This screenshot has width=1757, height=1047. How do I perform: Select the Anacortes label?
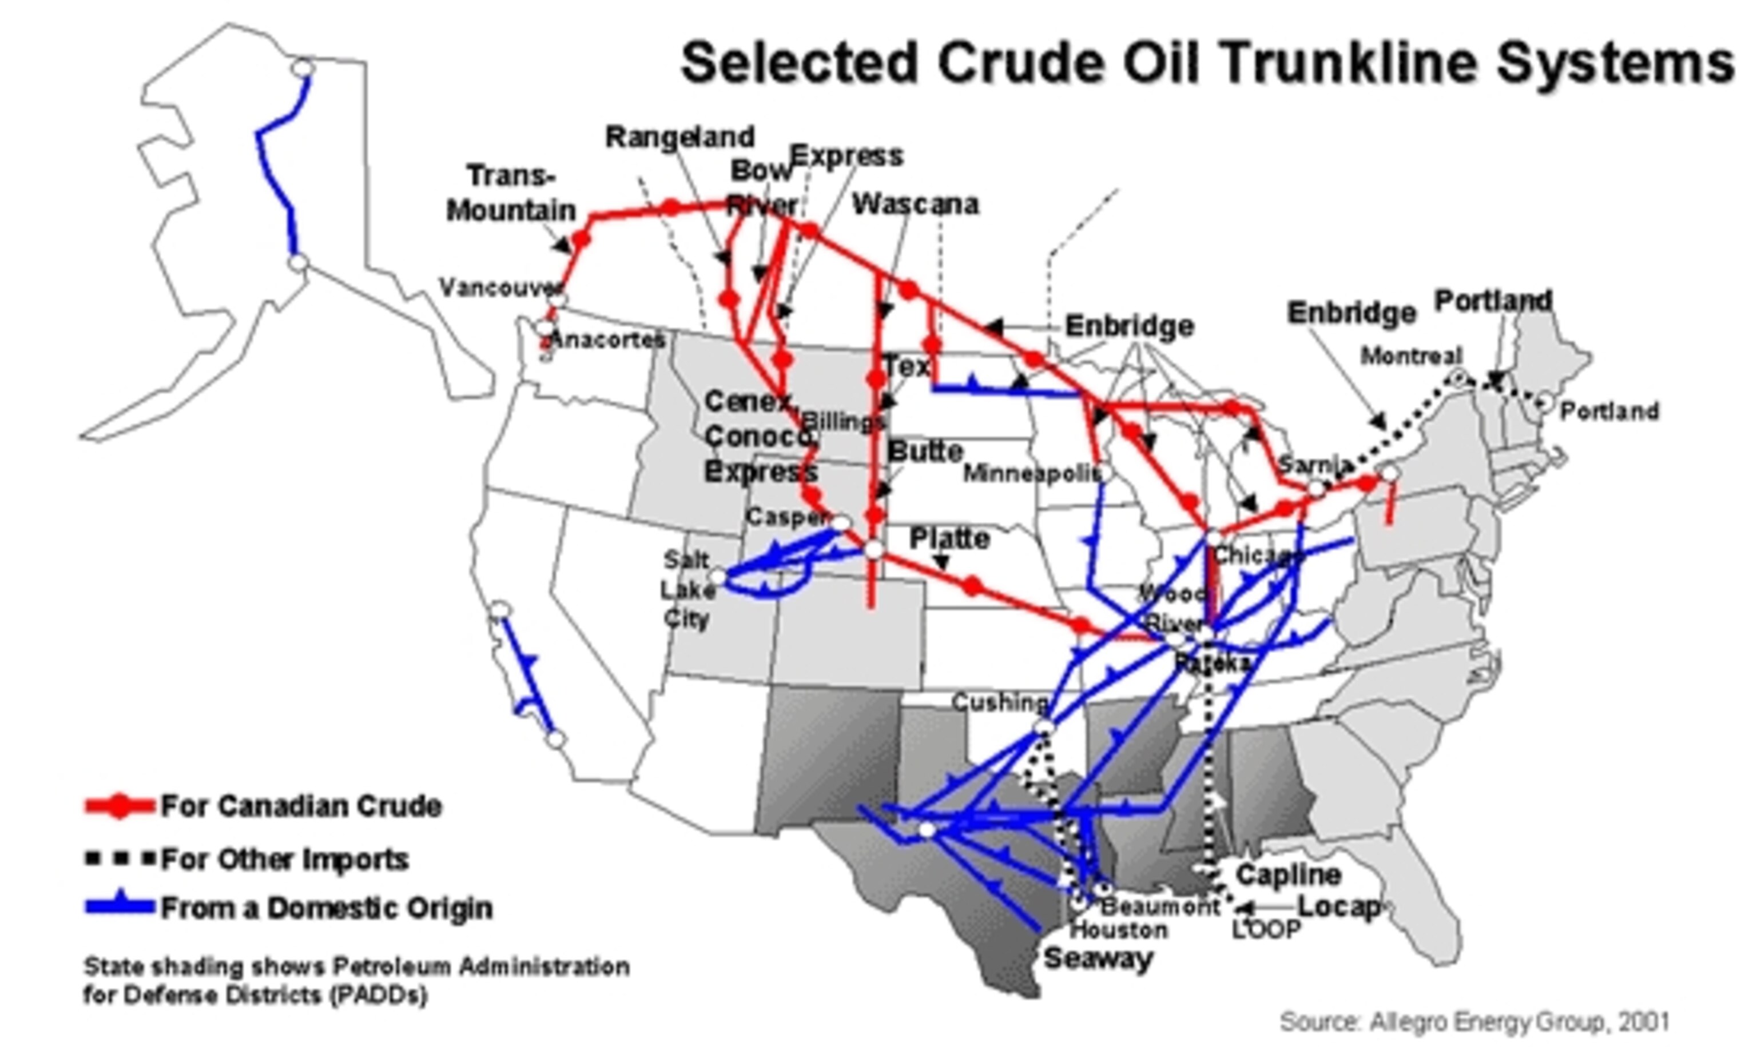click(607, 339)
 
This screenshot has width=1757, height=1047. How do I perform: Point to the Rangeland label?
click(680, 136)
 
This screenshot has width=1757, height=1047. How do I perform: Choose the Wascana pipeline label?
click(915, 204)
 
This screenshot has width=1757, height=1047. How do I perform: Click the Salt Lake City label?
click(686, 589)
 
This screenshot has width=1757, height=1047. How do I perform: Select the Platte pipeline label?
click(949, 538)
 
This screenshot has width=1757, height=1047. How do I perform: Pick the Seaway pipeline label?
click(1098, 958)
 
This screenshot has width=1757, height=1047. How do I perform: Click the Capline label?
click(1287, 875)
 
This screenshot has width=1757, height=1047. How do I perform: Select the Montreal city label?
click(1411, 355)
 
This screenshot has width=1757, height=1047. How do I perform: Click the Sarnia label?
click(1314, 464)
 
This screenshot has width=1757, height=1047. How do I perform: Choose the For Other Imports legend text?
click(284, 860)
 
